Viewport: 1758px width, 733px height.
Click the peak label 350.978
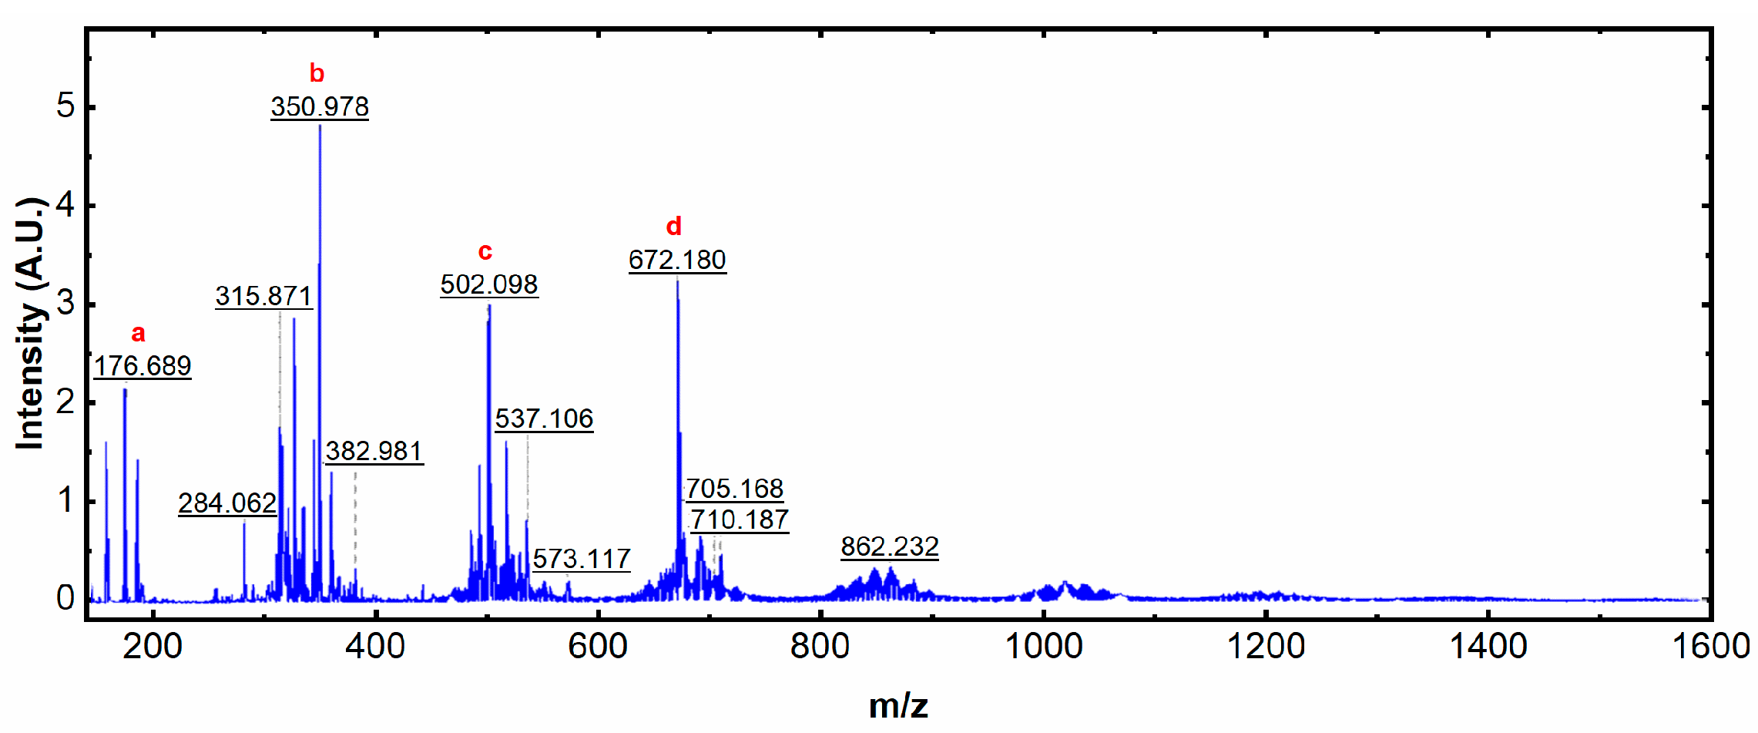coord(320,106)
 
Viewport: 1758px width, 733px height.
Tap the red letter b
coord(317,73)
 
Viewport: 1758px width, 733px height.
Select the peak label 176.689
coord(143,365)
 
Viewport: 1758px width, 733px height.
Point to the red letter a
coord(138,333)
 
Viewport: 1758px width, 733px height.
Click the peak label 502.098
coord(489,284)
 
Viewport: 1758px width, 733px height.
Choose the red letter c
coord(485,251)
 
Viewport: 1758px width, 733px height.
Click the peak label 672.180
coord(677,260)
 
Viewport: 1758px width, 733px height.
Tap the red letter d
coord(673,227)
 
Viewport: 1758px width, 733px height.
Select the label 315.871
coord(263,296)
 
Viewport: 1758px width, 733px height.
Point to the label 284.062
coord(227,503)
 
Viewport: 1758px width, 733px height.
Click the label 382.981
coord(374,451)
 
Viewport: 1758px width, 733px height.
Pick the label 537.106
coord(544,419)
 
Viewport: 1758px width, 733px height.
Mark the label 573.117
coord(582,559)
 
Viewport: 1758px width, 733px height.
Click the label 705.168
coord(734,489)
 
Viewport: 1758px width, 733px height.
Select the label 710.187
coord(740,519)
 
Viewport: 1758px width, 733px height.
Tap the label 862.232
coord(890,546)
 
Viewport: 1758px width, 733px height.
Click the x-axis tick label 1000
coord(1044,646)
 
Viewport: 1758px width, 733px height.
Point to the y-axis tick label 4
coord(65,205)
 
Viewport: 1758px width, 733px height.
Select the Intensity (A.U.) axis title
coord(31,324)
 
